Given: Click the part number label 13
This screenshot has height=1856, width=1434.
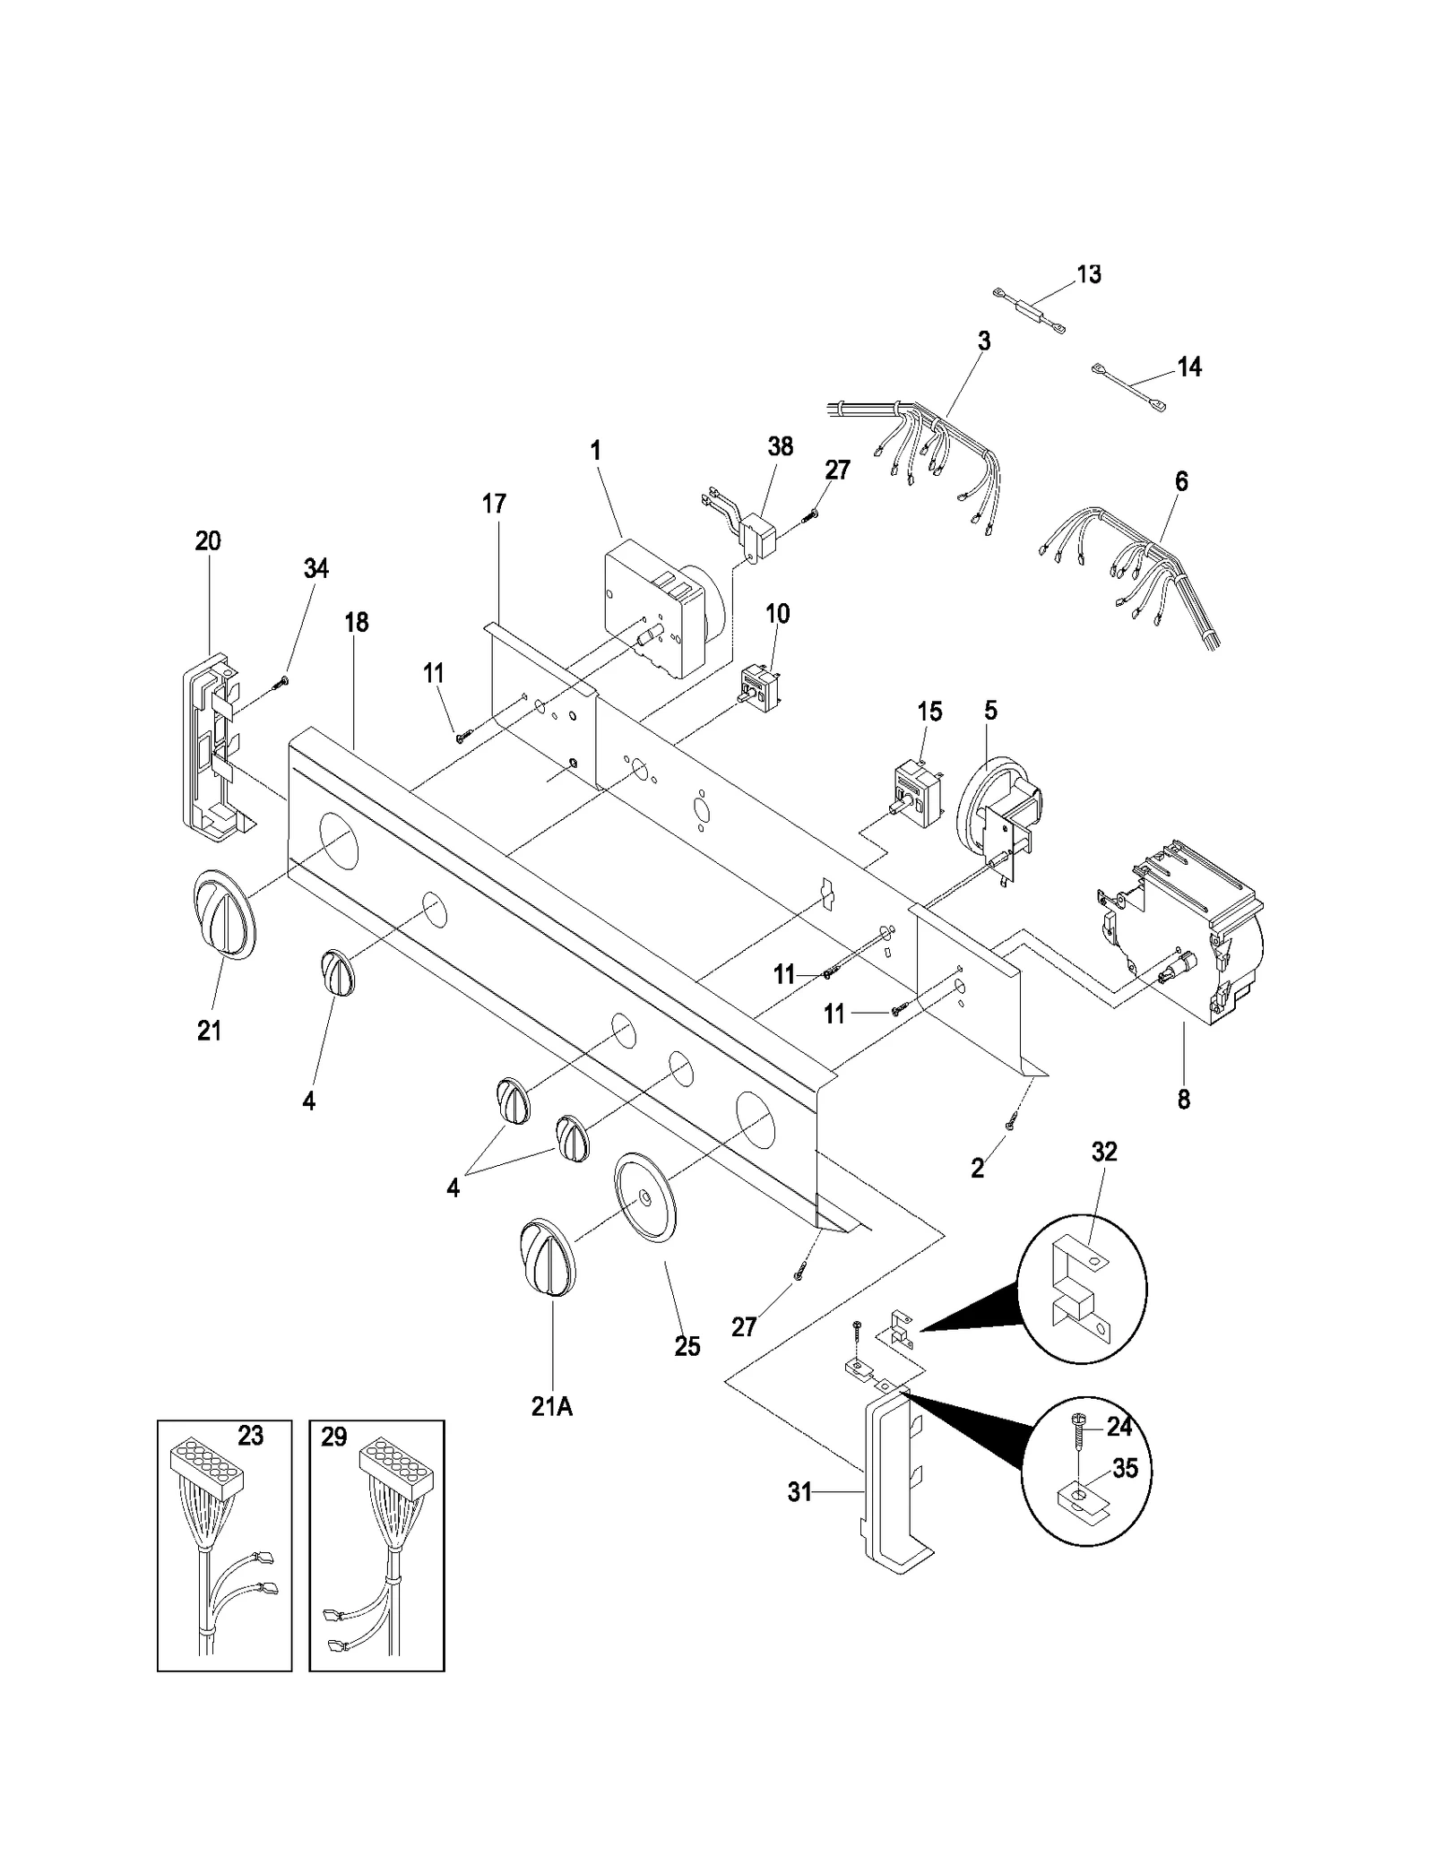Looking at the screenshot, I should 1088,273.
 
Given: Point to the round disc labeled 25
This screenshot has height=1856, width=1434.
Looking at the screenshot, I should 645,1196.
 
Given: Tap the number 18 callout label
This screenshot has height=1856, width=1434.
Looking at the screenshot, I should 357,622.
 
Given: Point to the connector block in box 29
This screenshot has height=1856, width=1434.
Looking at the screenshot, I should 395,1467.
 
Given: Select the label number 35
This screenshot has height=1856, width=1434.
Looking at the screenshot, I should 1125,1468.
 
